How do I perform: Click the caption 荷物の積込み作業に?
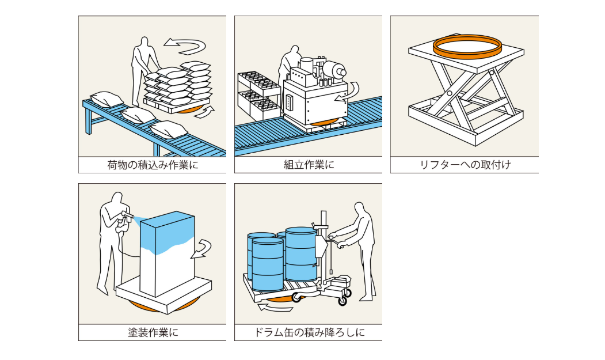[x=153, y=165]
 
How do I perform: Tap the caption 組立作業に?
[x=309, y=165]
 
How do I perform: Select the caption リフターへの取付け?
[x=465, y=165]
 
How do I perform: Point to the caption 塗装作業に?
[x=153, y=332]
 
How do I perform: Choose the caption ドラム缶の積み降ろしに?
[x=309, y=332]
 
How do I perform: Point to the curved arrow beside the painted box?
[x=203, y=248]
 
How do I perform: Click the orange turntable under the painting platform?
[x=161, y=305]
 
